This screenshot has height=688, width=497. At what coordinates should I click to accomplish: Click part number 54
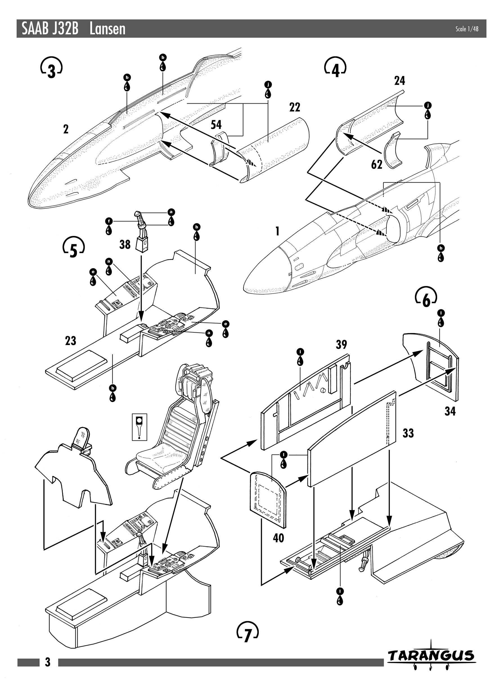tap(216, 125)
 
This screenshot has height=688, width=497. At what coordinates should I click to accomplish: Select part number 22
tap(295, 107)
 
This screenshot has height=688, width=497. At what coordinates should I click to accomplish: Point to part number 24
tap(399, 81)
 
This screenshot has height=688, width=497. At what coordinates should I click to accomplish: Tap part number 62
tap(377, 165)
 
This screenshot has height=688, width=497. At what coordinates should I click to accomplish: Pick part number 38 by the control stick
tap(125, 244)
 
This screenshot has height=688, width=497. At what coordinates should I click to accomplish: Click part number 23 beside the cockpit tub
tap(71, 341)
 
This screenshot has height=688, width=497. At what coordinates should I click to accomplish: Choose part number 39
tap(341, 345)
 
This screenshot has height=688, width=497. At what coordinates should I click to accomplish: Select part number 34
tap(450, 411)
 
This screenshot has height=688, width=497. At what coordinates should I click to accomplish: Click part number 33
tap(408, 433)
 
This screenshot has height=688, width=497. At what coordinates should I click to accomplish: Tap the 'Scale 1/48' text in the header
tap(467, 29)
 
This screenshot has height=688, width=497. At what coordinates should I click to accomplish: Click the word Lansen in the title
tap(107, 29)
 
